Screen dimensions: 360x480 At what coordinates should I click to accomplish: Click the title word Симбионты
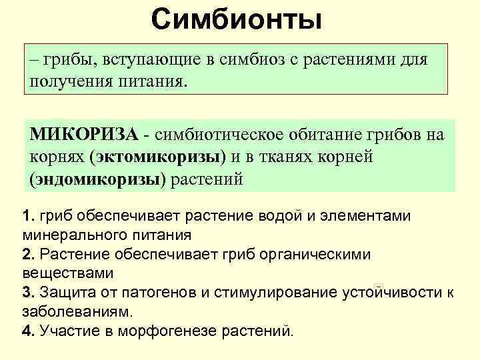(x=236, y=20)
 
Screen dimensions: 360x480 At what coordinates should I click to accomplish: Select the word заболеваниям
(x=77, y=311)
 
